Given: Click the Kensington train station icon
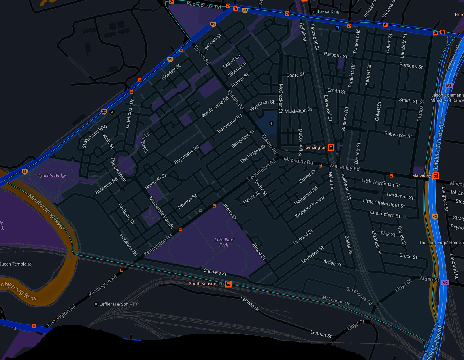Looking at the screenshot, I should click(x=331, y=148).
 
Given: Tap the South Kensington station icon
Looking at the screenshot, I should click(x=228, y=284).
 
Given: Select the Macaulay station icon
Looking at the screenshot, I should click(x=435, y=175).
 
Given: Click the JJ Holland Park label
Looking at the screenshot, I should click(x=224, y=242).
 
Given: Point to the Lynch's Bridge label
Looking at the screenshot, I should click(x=53, y=175).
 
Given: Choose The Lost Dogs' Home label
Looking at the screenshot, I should click(x=439, y=243).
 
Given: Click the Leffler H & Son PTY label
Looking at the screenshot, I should click(x=119, y=304).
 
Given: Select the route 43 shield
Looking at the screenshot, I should click(x=435, y=217).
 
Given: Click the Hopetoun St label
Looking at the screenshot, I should click(x=262, y=105).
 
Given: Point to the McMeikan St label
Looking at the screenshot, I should click(x=298, y=110).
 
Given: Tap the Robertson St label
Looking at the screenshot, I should click(x=398, y=135).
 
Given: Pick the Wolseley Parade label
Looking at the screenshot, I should click(x=310, y=206).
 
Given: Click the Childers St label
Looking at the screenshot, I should click(x=215, y=272).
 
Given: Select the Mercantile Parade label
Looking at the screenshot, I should click(x=161, y=213).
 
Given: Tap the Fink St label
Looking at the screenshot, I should click(x=388, y=234).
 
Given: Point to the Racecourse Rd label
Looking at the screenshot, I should click(x=204, y=6).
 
